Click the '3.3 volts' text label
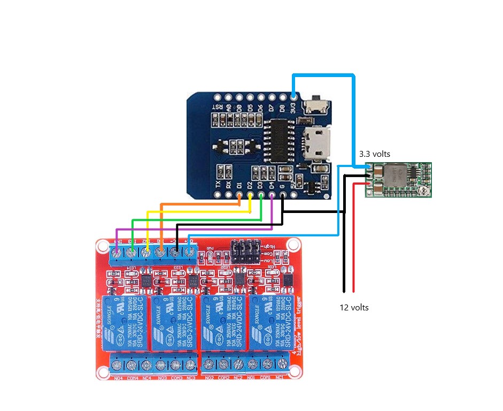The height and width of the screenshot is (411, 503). point(374,154)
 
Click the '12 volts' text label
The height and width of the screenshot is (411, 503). point(354,308)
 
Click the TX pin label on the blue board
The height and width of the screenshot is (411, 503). point(218,184)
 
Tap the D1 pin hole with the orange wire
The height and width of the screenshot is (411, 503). point(239,195)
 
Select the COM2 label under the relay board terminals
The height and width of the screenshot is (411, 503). point(223,378)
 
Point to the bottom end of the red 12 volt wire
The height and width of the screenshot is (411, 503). point(354,291)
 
